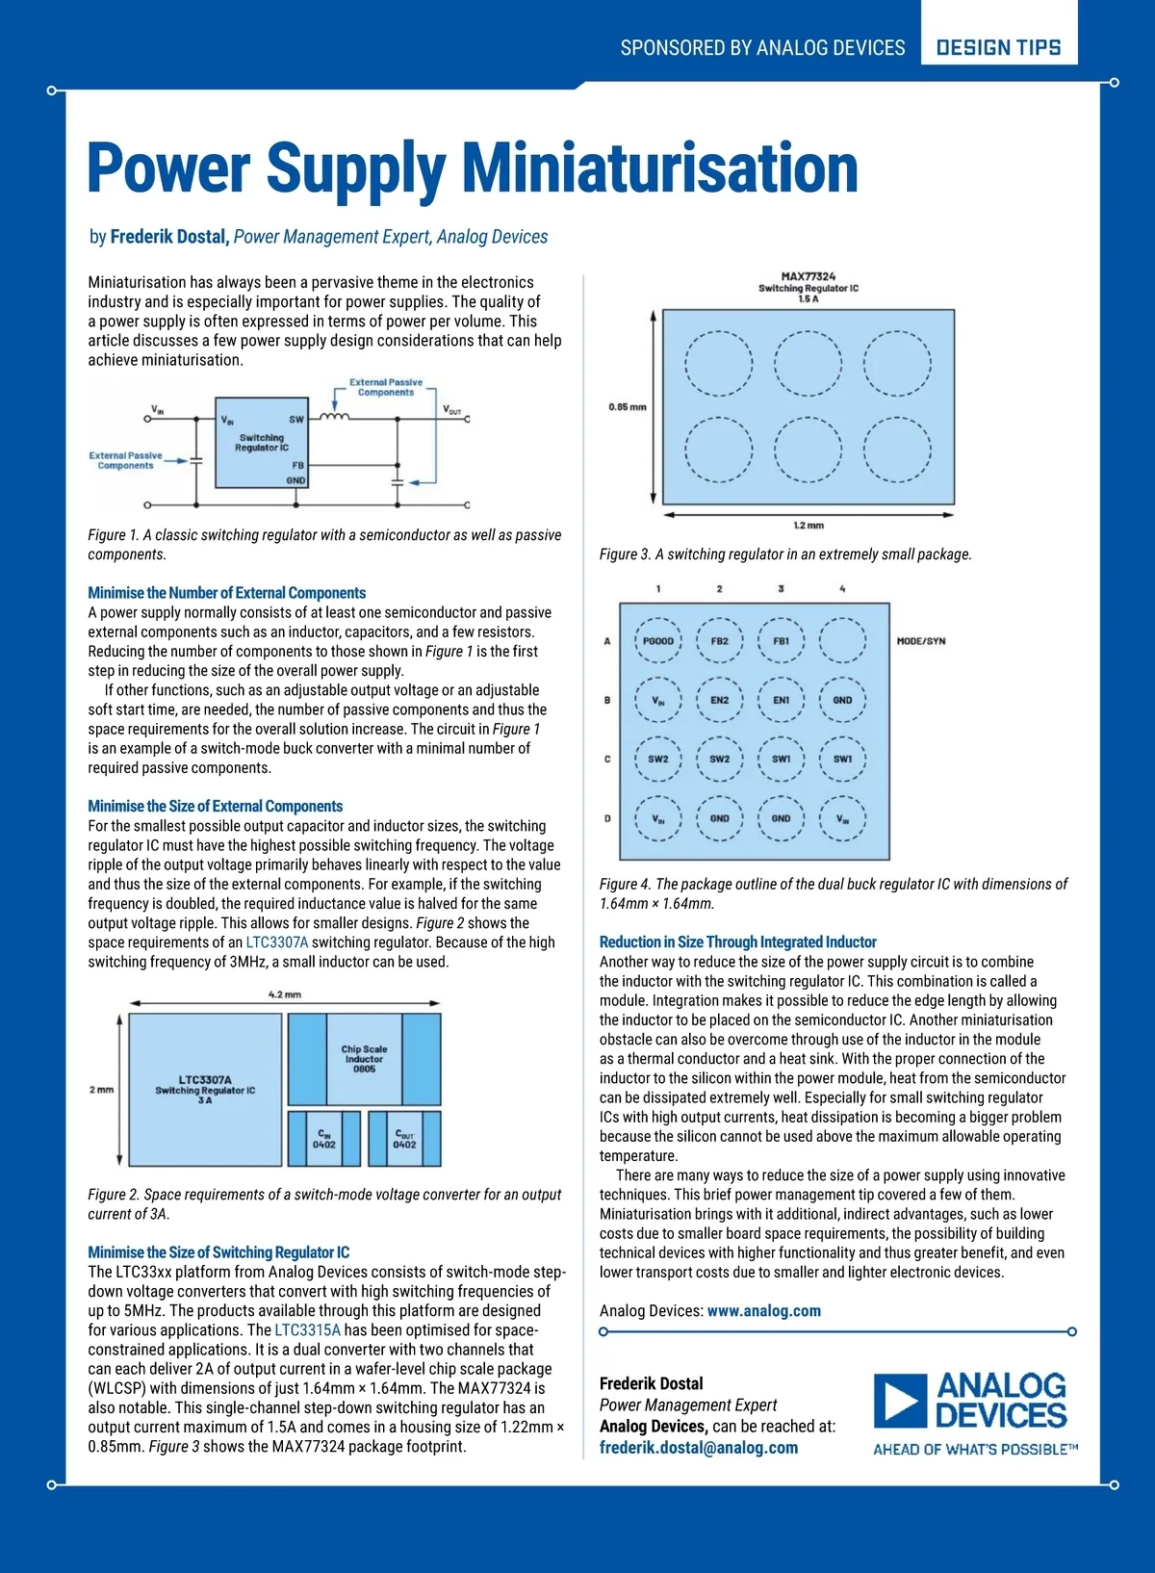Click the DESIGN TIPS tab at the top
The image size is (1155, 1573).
(998, 47)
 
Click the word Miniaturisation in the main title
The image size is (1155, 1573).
(660, 168)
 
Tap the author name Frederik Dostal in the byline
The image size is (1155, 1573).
(168, 237)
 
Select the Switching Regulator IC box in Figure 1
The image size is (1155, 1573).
(262, 443)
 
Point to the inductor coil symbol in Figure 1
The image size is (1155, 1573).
(334, 417)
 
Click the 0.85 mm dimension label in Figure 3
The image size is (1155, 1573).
(627, 407)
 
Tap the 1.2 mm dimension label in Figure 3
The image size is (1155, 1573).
(808, 526)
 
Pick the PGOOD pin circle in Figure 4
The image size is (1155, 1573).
(658, 641)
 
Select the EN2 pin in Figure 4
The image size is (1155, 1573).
(719, 701)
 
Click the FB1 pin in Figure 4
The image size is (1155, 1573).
(781, 641)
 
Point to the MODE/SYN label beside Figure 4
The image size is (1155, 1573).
(921, 641)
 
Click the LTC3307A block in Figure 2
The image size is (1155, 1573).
(205, 1090)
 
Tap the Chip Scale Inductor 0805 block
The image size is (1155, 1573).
(364, 1059)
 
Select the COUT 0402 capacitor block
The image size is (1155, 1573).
(404, 1139)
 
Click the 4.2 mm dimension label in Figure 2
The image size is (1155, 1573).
(285, 994)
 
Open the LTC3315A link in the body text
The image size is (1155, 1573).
(307, 1330)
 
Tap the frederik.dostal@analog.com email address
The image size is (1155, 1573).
(698, 1448)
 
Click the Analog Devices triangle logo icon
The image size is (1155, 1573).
(900, 1401)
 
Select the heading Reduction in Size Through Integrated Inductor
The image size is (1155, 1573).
(737, 942)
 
